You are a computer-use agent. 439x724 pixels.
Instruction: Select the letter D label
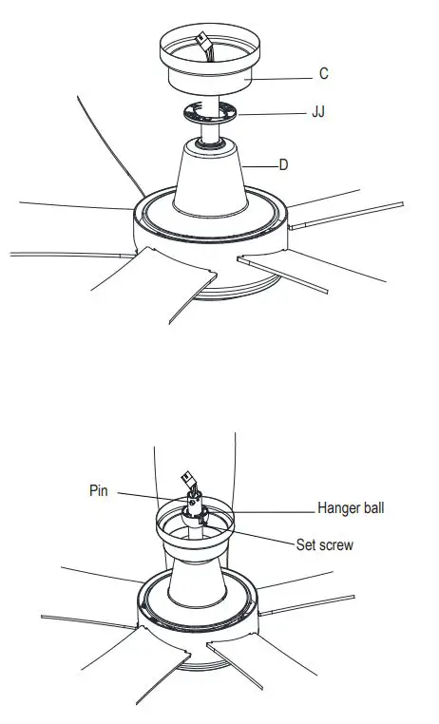[x=283, y=164]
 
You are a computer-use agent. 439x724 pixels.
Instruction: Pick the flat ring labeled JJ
[x=209, y=113]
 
